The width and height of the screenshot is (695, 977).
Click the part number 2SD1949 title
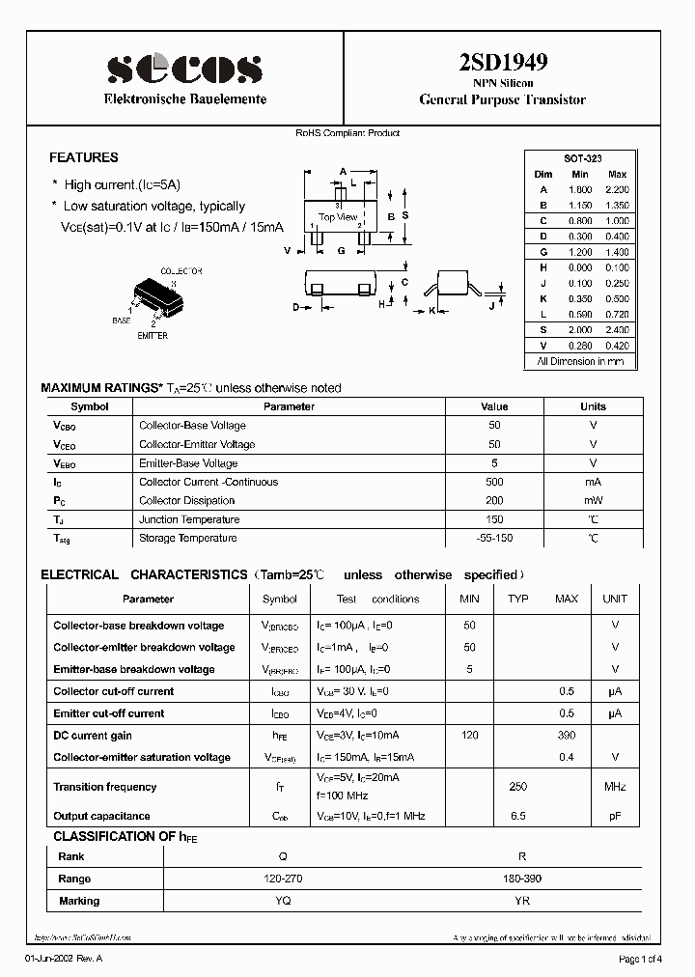[502, 63]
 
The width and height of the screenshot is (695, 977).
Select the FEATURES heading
[84, 157]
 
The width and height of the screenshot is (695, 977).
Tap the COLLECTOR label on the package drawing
[181, 272]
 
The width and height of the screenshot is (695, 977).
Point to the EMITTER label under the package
[152, 336]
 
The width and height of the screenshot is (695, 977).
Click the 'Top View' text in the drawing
[338, 217]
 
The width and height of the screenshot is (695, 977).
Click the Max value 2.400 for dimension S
[617, 330]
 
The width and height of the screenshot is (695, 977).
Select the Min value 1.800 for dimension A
[579, 189]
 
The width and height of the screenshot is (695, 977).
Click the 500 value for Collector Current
[494, 482]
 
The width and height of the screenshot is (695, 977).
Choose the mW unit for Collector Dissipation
[593, 500]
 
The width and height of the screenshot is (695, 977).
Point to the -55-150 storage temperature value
[494, 538]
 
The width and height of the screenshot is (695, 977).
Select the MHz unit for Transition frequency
[615, 787]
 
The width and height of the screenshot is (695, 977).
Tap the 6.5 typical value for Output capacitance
[518, 816]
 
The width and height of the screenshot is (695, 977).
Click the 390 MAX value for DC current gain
[567, 736]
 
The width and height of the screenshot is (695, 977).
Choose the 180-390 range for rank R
[522, 879]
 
